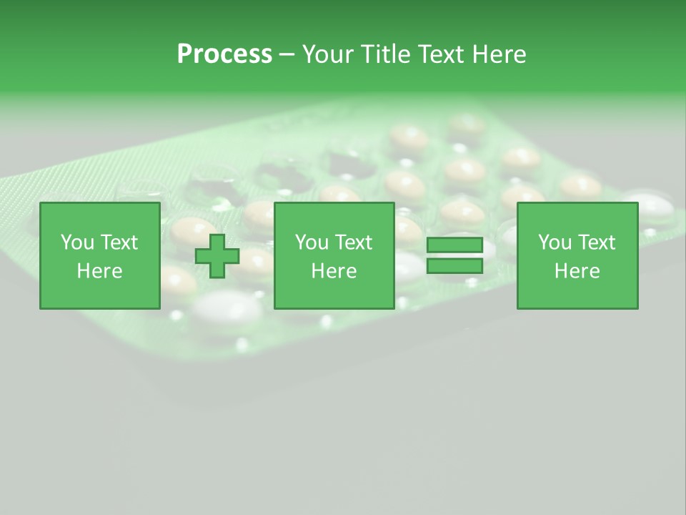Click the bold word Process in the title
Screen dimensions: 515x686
(224, 54)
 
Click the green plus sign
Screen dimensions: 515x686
(217, 256)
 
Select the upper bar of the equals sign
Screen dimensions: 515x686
(454, 245)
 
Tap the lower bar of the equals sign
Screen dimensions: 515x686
(454, 266)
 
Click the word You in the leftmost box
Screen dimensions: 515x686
(76, 242)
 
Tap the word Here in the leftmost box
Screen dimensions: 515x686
(99, 271)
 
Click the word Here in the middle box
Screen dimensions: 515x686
(334, 271)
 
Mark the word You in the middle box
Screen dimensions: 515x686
(311, 242)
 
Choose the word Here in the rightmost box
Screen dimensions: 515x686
(577, 271)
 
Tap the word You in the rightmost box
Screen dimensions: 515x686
(554, 242)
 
